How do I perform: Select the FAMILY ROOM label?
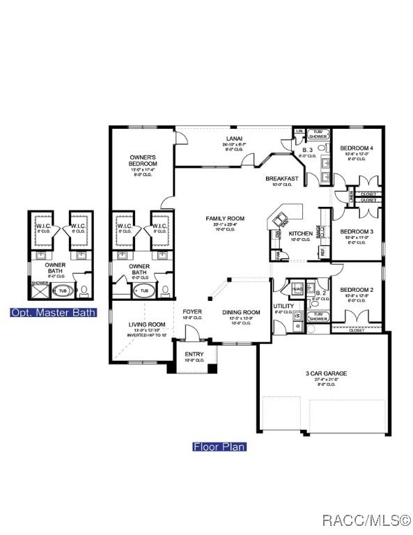coord(225,219)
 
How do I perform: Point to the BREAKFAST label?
coord(282,179)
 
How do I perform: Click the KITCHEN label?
coord(301,233)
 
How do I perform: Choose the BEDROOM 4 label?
coord(357,148)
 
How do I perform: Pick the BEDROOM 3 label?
coord(357,231)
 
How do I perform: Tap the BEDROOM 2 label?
coord(357,290)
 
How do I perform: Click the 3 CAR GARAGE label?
coord(326,373)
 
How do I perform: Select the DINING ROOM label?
coord(240,313)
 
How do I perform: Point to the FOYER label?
coord(192,311)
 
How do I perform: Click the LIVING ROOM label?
coord(147,325)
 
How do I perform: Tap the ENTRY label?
coord(194,355)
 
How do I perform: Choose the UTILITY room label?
coord(283,307)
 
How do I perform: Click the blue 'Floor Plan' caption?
coord(219,447)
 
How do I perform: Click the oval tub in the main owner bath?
coord(145,290)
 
